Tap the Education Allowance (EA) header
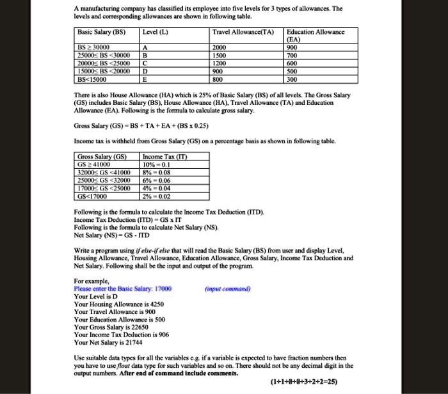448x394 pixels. click(x=316, y=35)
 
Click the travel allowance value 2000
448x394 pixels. click(x=221, y=47)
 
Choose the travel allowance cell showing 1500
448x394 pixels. click(x=221, y=56)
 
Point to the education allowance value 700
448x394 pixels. click(x=292, y=56)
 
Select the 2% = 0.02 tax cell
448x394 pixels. click(x=158, y=197)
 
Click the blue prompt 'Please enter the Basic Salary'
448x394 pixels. click(x=122, y=288)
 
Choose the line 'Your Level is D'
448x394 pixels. click(x=96, y=297)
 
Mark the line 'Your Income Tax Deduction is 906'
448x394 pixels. click(x=120, y=335)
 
